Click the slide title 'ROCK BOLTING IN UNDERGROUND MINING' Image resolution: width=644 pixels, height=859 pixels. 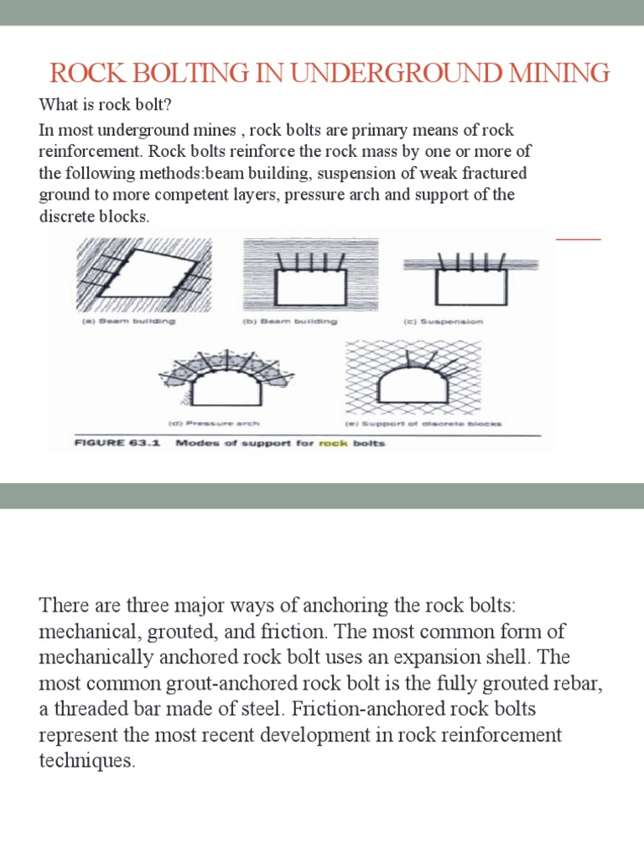point(330,74)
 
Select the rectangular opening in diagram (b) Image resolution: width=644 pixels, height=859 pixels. point(311,289)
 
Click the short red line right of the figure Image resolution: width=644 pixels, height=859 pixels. point(579,239)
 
